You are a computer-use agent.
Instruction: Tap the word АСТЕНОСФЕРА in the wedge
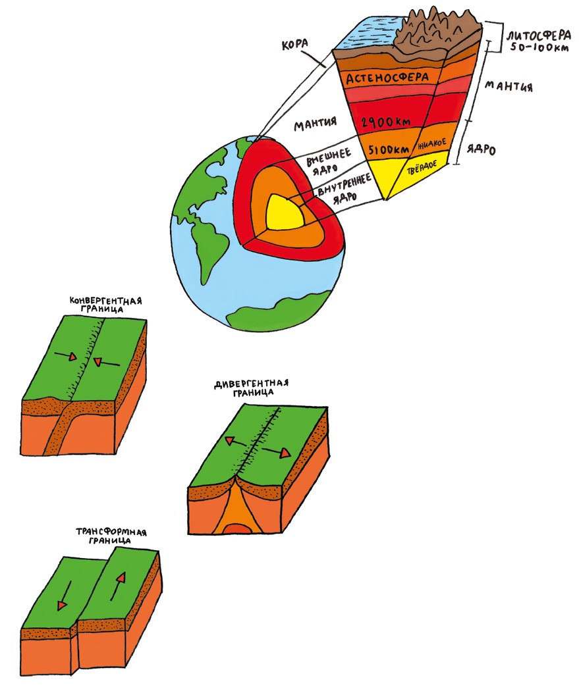tap(393, 77)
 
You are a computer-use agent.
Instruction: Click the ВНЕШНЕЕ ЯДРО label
tap(327, 163)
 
